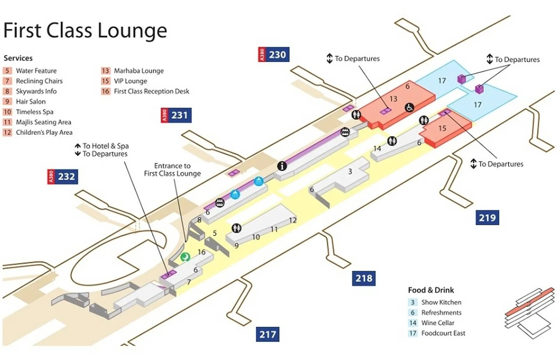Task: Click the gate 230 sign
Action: [274, 55]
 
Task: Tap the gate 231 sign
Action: [176, 115]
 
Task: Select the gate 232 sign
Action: [63, 176]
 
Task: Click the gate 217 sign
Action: [267, 335]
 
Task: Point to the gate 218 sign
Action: [364, 278]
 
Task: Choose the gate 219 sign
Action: [487, 218]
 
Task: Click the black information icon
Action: [282, 166]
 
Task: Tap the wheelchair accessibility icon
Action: [409, 108]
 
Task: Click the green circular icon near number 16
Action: [185, 257]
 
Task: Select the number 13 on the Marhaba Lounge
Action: [393, 99]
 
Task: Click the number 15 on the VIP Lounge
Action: [442, 128]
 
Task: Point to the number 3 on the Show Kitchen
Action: [350, 171]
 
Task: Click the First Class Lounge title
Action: [85, 30]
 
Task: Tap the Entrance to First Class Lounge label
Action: [172, 170]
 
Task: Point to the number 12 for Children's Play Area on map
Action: [293, 220]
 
